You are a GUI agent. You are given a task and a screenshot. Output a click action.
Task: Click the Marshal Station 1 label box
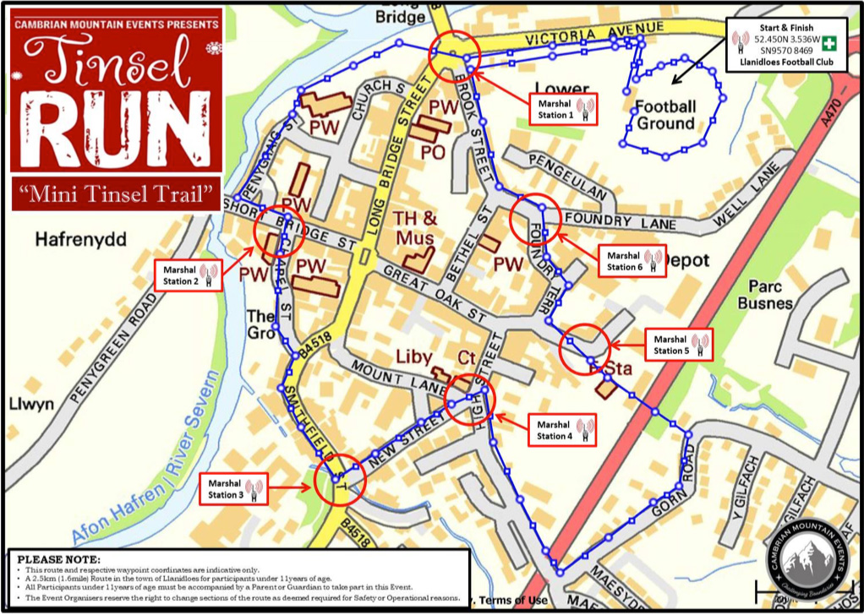562,109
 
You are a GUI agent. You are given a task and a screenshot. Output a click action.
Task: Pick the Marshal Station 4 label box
563,430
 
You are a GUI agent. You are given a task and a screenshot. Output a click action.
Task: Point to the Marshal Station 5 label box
679,345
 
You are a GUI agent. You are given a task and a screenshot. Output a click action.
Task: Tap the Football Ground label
665,116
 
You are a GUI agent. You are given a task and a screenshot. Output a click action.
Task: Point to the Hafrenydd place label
80,241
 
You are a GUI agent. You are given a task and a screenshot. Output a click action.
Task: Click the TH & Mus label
414,227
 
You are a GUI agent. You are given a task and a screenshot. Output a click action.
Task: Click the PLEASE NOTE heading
58,559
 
